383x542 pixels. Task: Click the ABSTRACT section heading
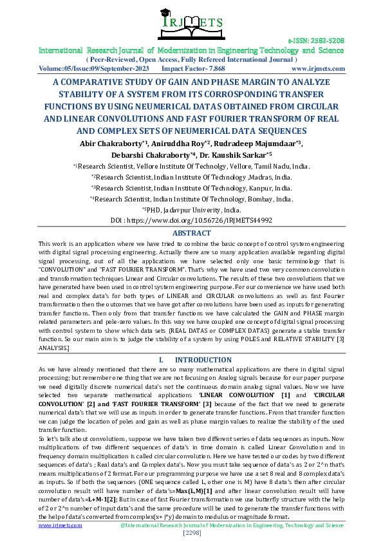pos(191,232)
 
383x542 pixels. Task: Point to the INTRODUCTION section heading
pos(199,359)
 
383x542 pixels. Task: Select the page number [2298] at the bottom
pos(191,533)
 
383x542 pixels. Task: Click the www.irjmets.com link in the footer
pos(61,525)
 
